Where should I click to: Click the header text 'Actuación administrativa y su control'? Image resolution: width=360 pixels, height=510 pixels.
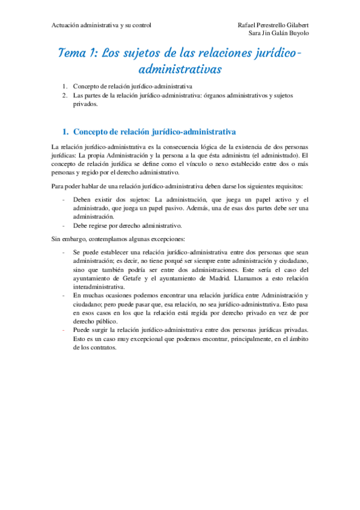(101, 25)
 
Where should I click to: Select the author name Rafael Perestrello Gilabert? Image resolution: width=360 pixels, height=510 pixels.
(273, 25)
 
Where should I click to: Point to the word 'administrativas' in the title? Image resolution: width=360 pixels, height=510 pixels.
(180, 70)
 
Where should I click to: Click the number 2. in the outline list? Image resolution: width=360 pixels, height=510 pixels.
(66, 96)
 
